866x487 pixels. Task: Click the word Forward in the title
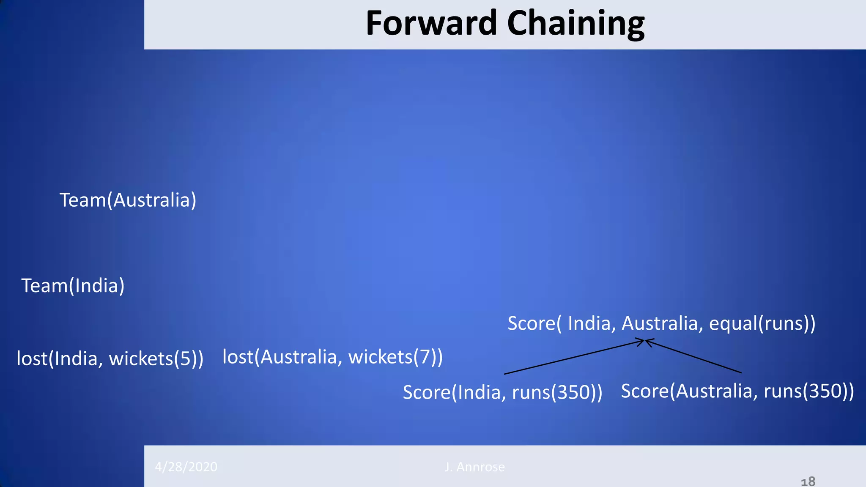tap(431, 23)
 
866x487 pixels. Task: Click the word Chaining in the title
tap(576, 24)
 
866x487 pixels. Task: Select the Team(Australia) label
tap(128, 200)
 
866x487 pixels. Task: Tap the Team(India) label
tap(73, 286)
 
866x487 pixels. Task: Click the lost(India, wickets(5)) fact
tap(110, 359)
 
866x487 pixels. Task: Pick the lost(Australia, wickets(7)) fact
tap(332, 357)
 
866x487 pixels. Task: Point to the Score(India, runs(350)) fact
tap(502, 392)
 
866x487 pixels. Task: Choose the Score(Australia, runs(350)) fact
tap(737, 391)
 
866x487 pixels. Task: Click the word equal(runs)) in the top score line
tap(762, 324)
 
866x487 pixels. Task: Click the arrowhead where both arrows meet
tap(644, 341)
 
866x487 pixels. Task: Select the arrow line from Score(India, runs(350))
tap(571, 358)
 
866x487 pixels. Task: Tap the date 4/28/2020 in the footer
tap(186, 467)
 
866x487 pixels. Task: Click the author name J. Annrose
tap(474, 467)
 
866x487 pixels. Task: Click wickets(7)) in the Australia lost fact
tap(395, 357)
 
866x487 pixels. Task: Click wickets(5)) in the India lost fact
tap(156, 359)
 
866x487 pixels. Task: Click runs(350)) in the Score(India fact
tap(557, 392)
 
